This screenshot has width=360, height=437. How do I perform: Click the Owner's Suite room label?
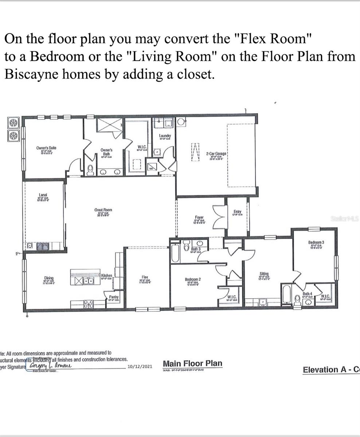click(x=46, y=148)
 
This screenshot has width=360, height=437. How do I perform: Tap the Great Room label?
click(x=103, y=210)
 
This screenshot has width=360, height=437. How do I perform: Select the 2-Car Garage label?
click(x=216, y=154)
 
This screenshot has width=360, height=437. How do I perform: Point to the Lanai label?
click(x=43, y=195)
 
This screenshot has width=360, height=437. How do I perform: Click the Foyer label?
click(x=199, y=217)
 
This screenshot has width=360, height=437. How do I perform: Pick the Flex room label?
click(x=145, y=277)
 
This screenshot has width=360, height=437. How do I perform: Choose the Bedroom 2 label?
click(x=193, y=280)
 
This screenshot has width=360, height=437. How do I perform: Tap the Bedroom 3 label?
click(x=316, y=242)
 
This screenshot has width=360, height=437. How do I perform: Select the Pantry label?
click(x=113, y=297)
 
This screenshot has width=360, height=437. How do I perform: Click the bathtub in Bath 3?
click(x=175, y=253)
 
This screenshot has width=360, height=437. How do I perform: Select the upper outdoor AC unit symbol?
click(x=13, y=123)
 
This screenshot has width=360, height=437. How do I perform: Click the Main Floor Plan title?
click(x=192, y=363)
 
